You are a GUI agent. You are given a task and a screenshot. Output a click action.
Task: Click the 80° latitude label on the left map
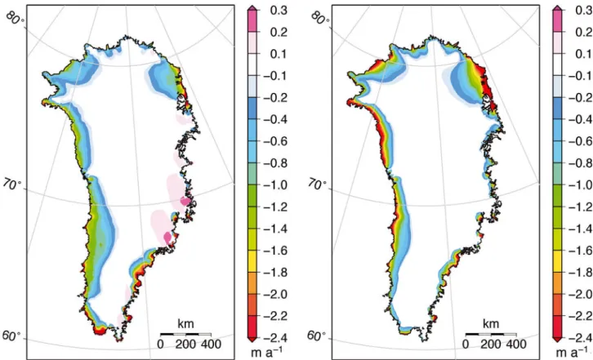pyautogui.click(x=16, y=17)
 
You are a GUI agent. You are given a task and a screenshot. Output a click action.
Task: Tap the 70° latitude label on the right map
pyautogui.click(x=317, y=184)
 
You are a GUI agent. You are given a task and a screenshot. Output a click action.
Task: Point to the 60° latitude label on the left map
pyautogui.click(x=11, y=336)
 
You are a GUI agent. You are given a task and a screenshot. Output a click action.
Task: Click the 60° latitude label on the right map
pyautogui.click(x=317, y=336)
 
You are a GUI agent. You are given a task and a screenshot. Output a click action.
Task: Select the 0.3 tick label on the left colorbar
pyautogui.click(x=279, y=11)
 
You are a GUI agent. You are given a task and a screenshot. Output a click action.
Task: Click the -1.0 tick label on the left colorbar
pyautogui.click(x=275, y=185)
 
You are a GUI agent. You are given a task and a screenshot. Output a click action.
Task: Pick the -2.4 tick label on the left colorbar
pyautogui.click(x=275, y=338)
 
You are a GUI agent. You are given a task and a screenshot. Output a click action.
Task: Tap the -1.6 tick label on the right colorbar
pyautogui.click(x=581, y=251)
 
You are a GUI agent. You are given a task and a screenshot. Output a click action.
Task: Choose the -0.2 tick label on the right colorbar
pyautogui.click(x=581, y=98)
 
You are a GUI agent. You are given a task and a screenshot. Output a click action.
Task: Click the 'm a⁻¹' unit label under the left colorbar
pyautogui.click(x=266, y=352)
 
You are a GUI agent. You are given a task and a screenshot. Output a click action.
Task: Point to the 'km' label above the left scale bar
pyautogui.click(x=185, y=324)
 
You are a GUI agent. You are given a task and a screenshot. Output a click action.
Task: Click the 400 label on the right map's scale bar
pyautogui.click(x=516, y=344)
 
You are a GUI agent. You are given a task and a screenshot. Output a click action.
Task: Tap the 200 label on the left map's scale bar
pyautogui.click(x=185, y=344)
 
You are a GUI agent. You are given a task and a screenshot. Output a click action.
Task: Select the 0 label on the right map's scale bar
pyautogui.click(x=466, y=344)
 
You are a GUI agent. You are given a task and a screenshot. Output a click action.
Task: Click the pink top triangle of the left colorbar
pyautogui.click(x=252, y=8)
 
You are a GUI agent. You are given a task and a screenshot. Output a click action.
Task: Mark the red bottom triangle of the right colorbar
pyautogui.click(x=557, y=340)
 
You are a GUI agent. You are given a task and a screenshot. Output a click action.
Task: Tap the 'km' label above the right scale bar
pyautogui.click(x=491, y=324)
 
